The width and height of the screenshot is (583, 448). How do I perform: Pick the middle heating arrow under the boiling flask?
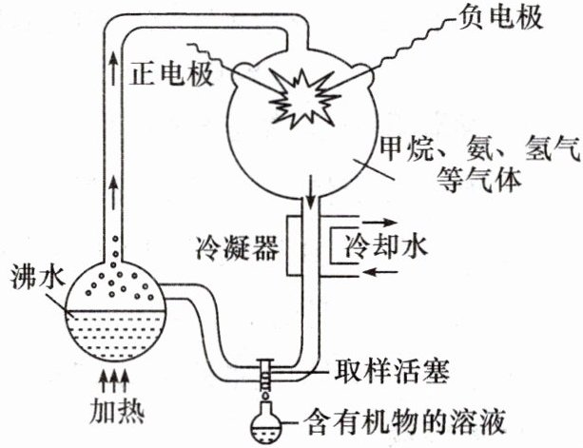click(x=114, y=381)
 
